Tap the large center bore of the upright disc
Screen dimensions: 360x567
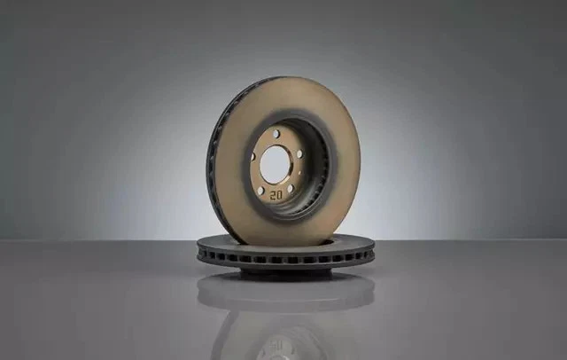pos(275,163)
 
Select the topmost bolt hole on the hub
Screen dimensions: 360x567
pos(276,134)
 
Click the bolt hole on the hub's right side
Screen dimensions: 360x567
pos(299,154)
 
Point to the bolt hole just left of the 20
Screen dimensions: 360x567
pos(260,191)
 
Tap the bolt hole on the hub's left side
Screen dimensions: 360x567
pos(252,157)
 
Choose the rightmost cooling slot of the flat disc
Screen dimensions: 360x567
pos(368,254)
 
